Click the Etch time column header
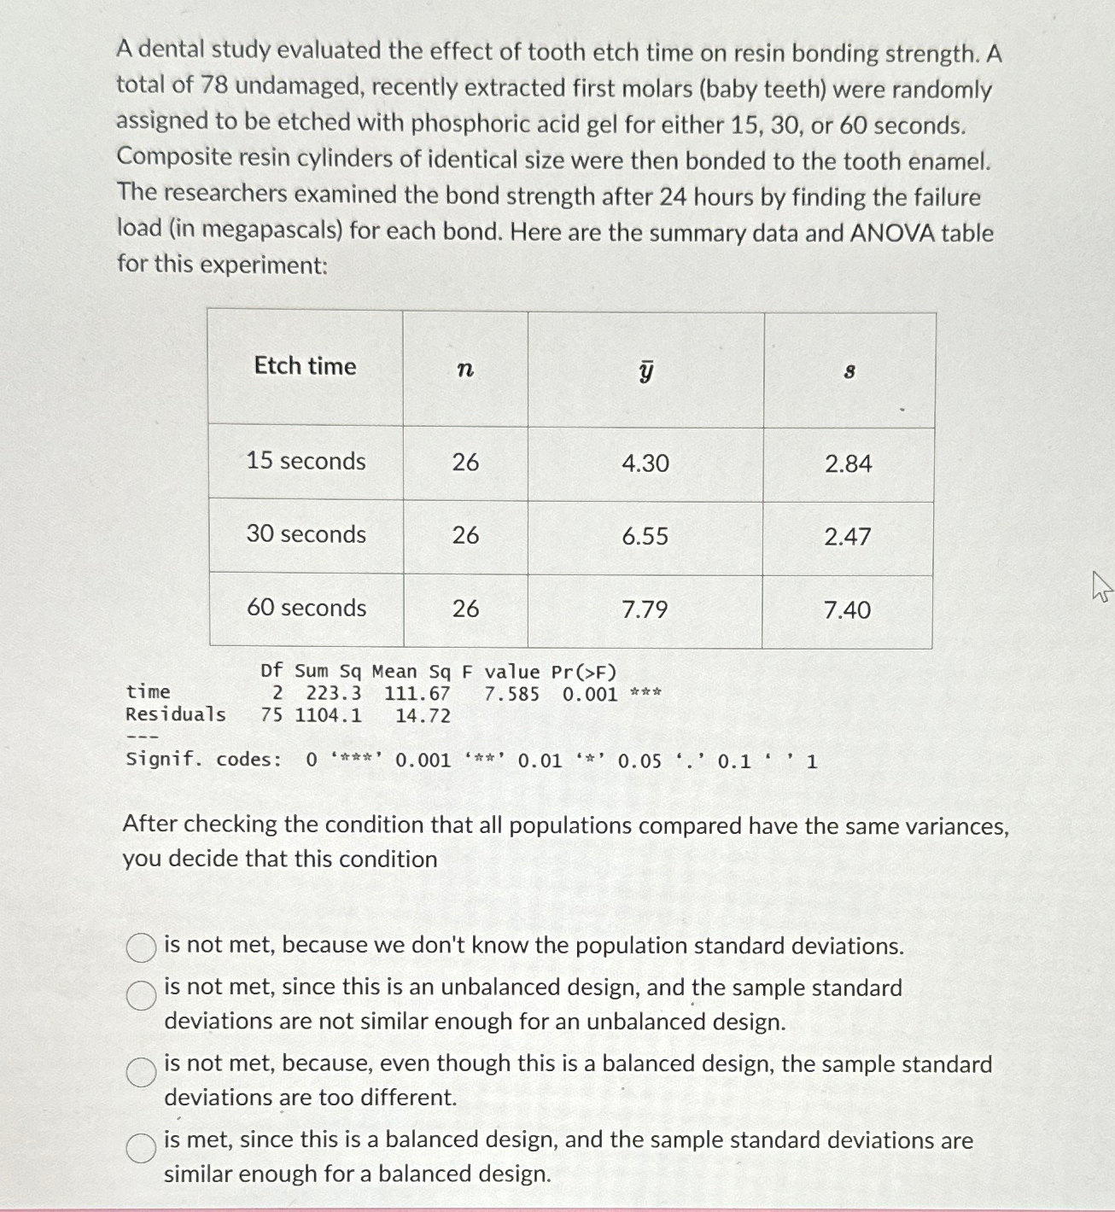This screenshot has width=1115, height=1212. coord(305,366)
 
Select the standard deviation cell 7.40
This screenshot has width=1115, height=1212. coord(847,610)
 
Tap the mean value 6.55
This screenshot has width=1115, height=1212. coord(645,537)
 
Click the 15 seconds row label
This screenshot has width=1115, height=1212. coord(306,461)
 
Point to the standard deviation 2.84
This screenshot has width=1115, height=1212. coord(848,464)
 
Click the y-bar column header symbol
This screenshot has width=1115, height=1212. coord(646,370)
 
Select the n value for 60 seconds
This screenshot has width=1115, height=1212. coord(465,609)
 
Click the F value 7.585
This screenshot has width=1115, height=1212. coord(511,694)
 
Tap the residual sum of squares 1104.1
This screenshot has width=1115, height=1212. coord(328,715)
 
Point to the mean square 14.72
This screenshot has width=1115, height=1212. coord(423,716)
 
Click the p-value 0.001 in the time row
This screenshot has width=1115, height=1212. coord(589,694)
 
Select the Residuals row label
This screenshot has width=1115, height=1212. coord(175,714)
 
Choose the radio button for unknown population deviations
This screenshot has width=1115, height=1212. coord(142,947)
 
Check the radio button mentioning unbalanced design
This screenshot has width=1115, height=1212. coord(142,994)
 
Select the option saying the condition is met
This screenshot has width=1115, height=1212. coord(142,1148)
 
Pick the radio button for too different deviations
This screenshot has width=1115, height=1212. coord(142,1071)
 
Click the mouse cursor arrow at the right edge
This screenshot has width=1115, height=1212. coord(1101,588)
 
